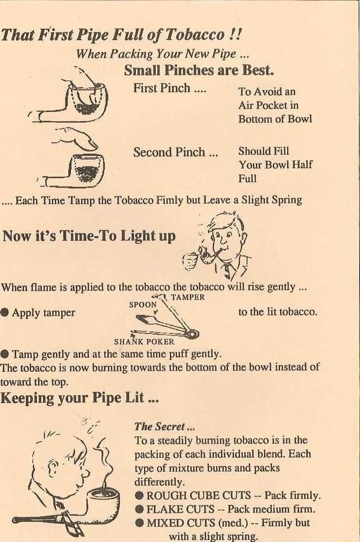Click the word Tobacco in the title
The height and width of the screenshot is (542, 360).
[x=195, y=35]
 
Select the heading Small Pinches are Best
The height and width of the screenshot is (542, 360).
[x=199, y=70]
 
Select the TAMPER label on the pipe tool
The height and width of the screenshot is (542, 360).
[x=188, y=297]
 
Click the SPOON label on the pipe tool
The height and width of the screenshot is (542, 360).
[x=143, y=304]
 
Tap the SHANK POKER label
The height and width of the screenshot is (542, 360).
[x=144, y=342]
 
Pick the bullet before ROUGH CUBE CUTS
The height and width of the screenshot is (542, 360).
[x=139, y=496]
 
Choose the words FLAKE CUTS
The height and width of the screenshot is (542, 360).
[x=181, y=509]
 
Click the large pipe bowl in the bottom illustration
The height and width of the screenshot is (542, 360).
[x=103, y=501]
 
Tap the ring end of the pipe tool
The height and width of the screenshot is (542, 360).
[x=192, y=334]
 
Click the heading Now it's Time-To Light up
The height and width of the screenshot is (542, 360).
[x=89, y=236]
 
